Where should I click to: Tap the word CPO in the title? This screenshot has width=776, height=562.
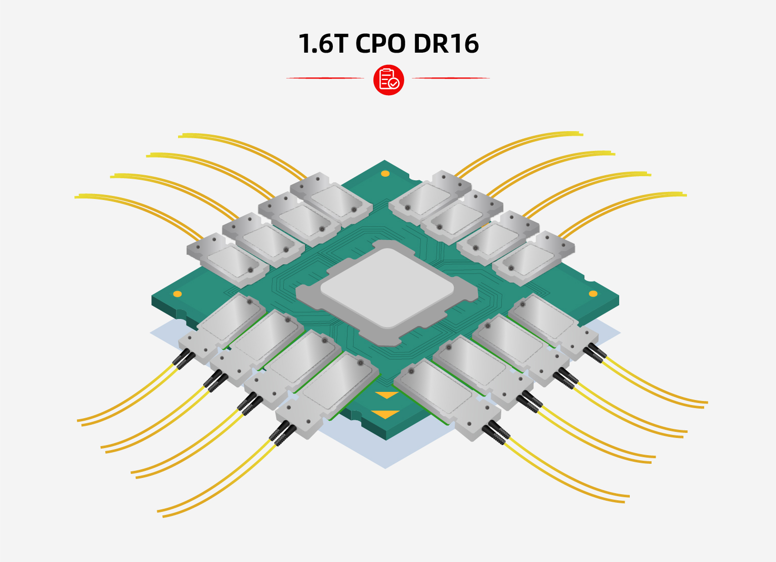(380, 44)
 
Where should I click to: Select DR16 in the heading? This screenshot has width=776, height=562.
(446, 44)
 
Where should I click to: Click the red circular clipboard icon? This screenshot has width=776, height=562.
(389, 79)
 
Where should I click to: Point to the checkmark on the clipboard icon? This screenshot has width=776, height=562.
(394, 84)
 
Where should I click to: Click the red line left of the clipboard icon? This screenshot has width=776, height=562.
(325, 78)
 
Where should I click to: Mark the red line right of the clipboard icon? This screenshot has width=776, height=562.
(451, 78)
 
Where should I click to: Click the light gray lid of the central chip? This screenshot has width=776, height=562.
(387, 288)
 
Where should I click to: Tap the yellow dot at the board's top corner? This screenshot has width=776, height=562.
(385, 174)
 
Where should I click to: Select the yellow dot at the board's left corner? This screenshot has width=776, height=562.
(178, 294)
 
